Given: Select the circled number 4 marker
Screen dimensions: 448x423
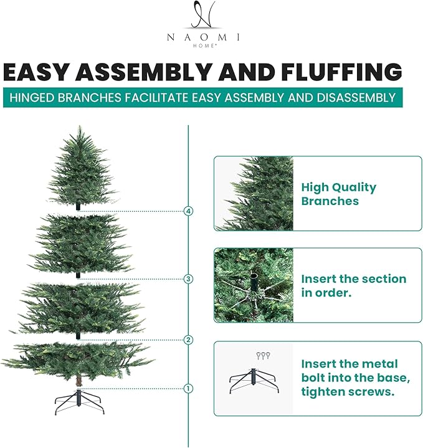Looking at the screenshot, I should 189,211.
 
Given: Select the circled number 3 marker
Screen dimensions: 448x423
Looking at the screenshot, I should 189,279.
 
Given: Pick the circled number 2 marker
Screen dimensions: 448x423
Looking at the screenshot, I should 189,340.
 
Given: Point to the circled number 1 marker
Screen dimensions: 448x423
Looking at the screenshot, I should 189,389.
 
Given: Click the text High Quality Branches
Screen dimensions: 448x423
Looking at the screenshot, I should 339,194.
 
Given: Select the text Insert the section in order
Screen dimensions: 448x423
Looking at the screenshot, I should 353,285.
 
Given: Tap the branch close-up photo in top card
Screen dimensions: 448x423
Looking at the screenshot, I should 254,193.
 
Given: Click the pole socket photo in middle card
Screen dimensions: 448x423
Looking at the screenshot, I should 254,285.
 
